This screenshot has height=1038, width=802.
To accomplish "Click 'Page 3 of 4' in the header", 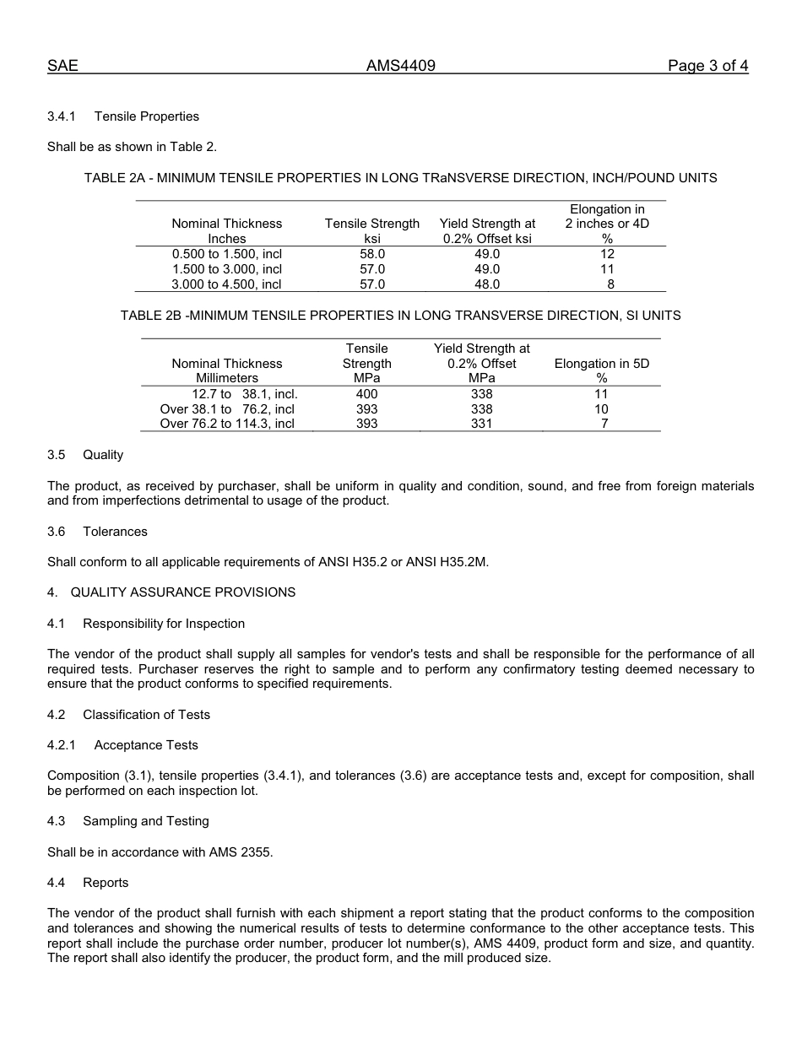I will pyautogui.click(x=707, y=66).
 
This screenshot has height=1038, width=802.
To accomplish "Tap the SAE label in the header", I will pyautogui.click(x=62, y=66).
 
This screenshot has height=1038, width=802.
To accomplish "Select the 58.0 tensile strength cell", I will pyautogui.click(x=372, y=254).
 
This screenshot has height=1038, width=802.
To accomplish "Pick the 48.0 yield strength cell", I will pyautogui.click(x=487, y=284).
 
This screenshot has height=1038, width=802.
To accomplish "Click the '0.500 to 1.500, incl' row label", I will pyautogui.click(x=227, y=254).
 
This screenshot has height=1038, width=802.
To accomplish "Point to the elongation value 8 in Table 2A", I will pyautogui.click(x=610, y=284).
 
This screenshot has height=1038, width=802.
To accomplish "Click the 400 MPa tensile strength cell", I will pyautogui.click(x=367, y=394).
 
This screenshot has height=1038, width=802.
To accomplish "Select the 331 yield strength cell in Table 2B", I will pyautogui.click(x=481, y=424).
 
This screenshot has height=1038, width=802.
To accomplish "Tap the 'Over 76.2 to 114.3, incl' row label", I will pyautogui.click(x=227, y=424).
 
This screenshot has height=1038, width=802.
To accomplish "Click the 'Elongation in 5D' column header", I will pyautogui.click(x=602, y=364).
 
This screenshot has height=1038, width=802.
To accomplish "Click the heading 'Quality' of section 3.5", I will pyautogui.click(x=103, y=455).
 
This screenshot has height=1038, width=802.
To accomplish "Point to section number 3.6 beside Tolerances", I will pyautogui.click(x=56, y=532).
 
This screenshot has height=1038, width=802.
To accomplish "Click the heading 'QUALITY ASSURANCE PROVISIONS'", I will pyautogui.click(x=183, y=592).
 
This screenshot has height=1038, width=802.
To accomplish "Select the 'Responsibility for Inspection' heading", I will pyautogui.click(x=164, y=624).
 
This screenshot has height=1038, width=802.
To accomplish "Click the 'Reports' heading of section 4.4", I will pyautogui.click(x=106, y=883).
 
